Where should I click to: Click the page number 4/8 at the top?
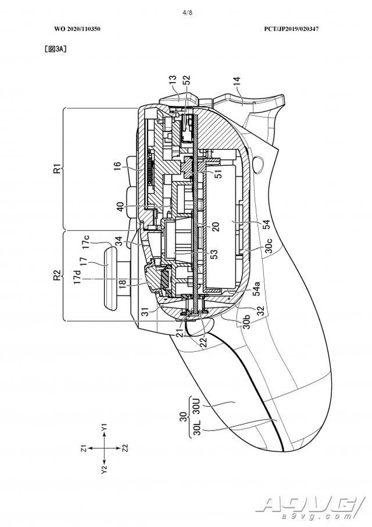tap(187, 13)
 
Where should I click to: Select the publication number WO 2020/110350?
tap(77, 29)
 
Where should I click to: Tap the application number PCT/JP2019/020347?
tap(291, 29)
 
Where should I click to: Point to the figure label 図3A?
tap(55, 49)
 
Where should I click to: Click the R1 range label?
tap(58, 168)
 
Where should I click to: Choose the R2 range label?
tap(58, 275)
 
